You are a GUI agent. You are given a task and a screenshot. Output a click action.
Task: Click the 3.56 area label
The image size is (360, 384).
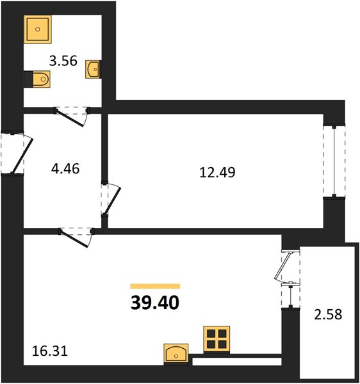click(63, 61)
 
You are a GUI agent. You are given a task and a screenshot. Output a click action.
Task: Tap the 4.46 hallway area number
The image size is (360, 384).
click(65, 169)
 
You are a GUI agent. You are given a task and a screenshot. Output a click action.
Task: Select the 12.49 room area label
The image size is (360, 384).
click(217, 172)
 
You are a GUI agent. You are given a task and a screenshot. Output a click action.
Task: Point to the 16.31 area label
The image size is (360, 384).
click(50, 351)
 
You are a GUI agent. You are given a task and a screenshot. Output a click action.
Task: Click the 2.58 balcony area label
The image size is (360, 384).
click(328, 314)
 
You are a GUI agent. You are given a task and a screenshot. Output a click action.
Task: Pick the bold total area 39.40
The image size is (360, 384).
click(155, 303)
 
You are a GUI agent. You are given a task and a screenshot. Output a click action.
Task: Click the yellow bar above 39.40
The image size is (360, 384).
click(156, 286)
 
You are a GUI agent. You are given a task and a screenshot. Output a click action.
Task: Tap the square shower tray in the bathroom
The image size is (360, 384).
click(38, 29)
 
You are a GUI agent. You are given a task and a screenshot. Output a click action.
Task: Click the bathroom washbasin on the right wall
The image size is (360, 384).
click(93, 69)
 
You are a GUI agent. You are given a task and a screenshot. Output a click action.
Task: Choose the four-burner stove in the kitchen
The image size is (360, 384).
click(217, 339)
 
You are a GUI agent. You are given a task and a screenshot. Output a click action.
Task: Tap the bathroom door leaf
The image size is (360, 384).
click(70, 118)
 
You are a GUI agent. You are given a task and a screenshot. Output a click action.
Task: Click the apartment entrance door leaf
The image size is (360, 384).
click(22, 156)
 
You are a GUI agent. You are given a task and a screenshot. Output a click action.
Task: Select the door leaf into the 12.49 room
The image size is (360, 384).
click(113, 201)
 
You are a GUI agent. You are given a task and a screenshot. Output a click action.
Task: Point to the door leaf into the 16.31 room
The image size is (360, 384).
click(74, 239)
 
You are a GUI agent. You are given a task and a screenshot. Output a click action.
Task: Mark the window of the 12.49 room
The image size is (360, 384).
click(334, 161)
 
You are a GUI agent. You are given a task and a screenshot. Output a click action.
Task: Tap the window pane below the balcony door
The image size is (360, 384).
click(290, 295)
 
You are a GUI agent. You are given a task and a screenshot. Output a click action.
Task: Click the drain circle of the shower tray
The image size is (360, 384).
click(38, 29)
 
